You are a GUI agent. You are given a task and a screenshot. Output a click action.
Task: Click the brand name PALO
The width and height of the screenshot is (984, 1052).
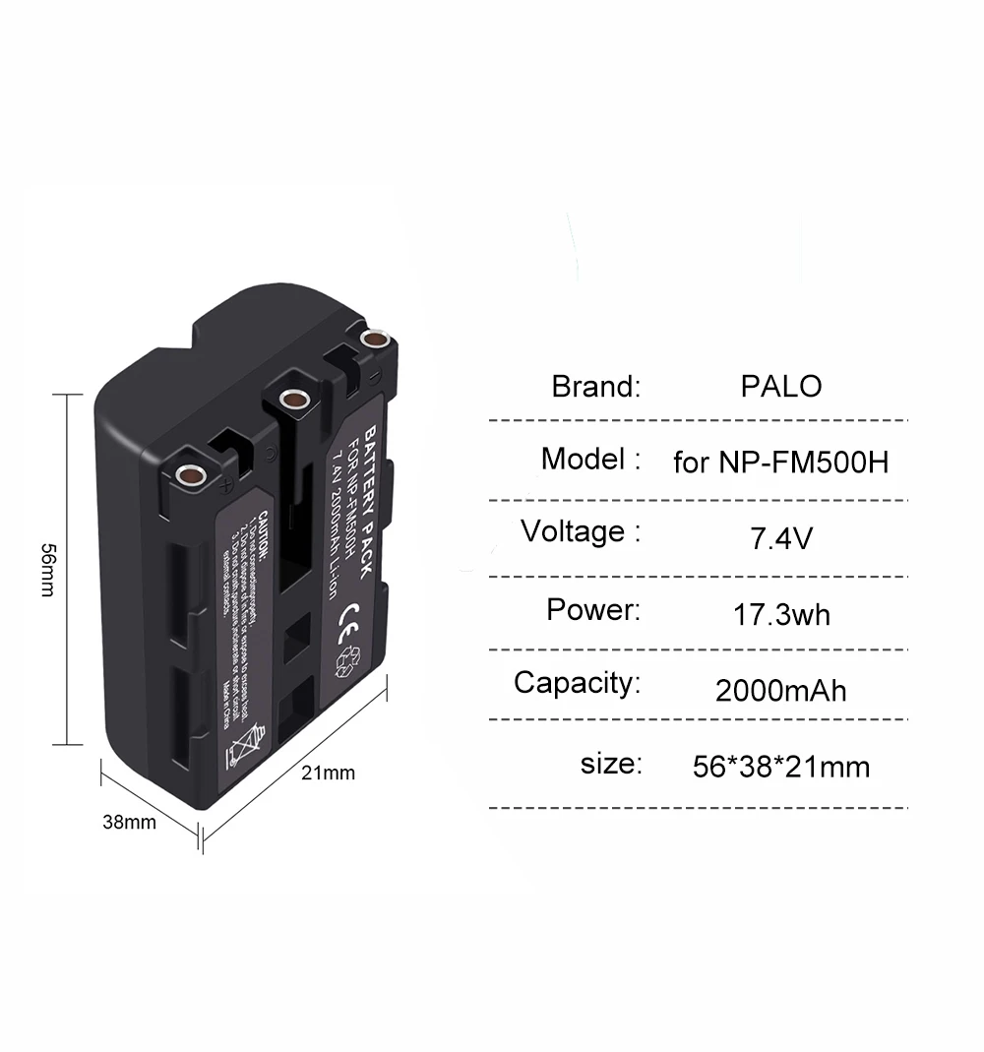780,386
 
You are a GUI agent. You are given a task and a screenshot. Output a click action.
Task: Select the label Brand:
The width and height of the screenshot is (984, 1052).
595,386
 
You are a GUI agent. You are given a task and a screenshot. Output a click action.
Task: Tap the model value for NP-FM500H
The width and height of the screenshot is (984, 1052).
780,462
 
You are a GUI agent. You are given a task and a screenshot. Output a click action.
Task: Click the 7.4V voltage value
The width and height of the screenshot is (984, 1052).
779,538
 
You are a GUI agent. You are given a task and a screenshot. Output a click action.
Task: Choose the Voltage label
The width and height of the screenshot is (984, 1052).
581,532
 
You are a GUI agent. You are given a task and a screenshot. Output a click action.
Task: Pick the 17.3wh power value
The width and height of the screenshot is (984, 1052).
781,615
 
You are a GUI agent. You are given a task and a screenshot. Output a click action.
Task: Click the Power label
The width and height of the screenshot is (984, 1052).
593,609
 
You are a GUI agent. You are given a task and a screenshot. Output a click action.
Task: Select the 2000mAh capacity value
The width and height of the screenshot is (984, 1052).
780,690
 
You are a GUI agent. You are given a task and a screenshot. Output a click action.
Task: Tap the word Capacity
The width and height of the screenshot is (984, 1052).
577,683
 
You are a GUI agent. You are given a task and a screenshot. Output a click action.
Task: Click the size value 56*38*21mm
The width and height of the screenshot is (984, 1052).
781,767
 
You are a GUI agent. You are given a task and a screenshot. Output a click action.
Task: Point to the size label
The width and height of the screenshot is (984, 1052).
611,763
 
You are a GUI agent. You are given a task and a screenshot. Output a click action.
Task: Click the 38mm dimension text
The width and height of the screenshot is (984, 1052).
129,823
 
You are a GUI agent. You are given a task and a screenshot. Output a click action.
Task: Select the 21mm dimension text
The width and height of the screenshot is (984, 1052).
328,773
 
